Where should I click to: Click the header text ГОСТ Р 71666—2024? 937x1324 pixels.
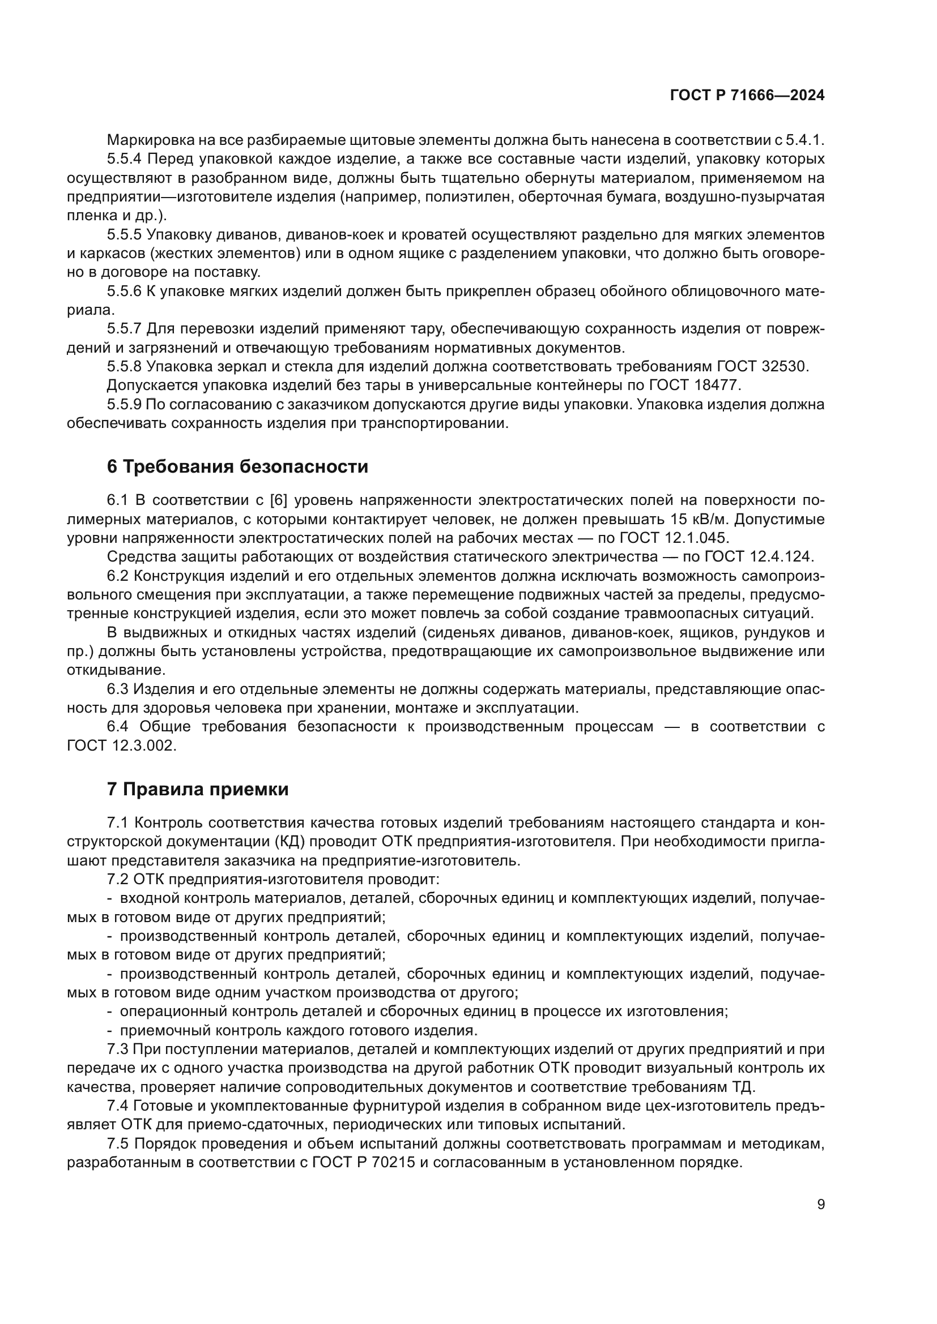point(747,96)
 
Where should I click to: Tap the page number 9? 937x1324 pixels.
point(821,1205)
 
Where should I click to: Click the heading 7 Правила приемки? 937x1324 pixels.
point(198,789)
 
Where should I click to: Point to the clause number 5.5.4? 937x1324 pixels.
point(124,158)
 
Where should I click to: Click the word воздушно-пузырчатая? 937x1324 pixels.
point(744,196)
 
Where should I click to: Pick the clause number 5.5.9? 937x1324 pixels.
point(124,404)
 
